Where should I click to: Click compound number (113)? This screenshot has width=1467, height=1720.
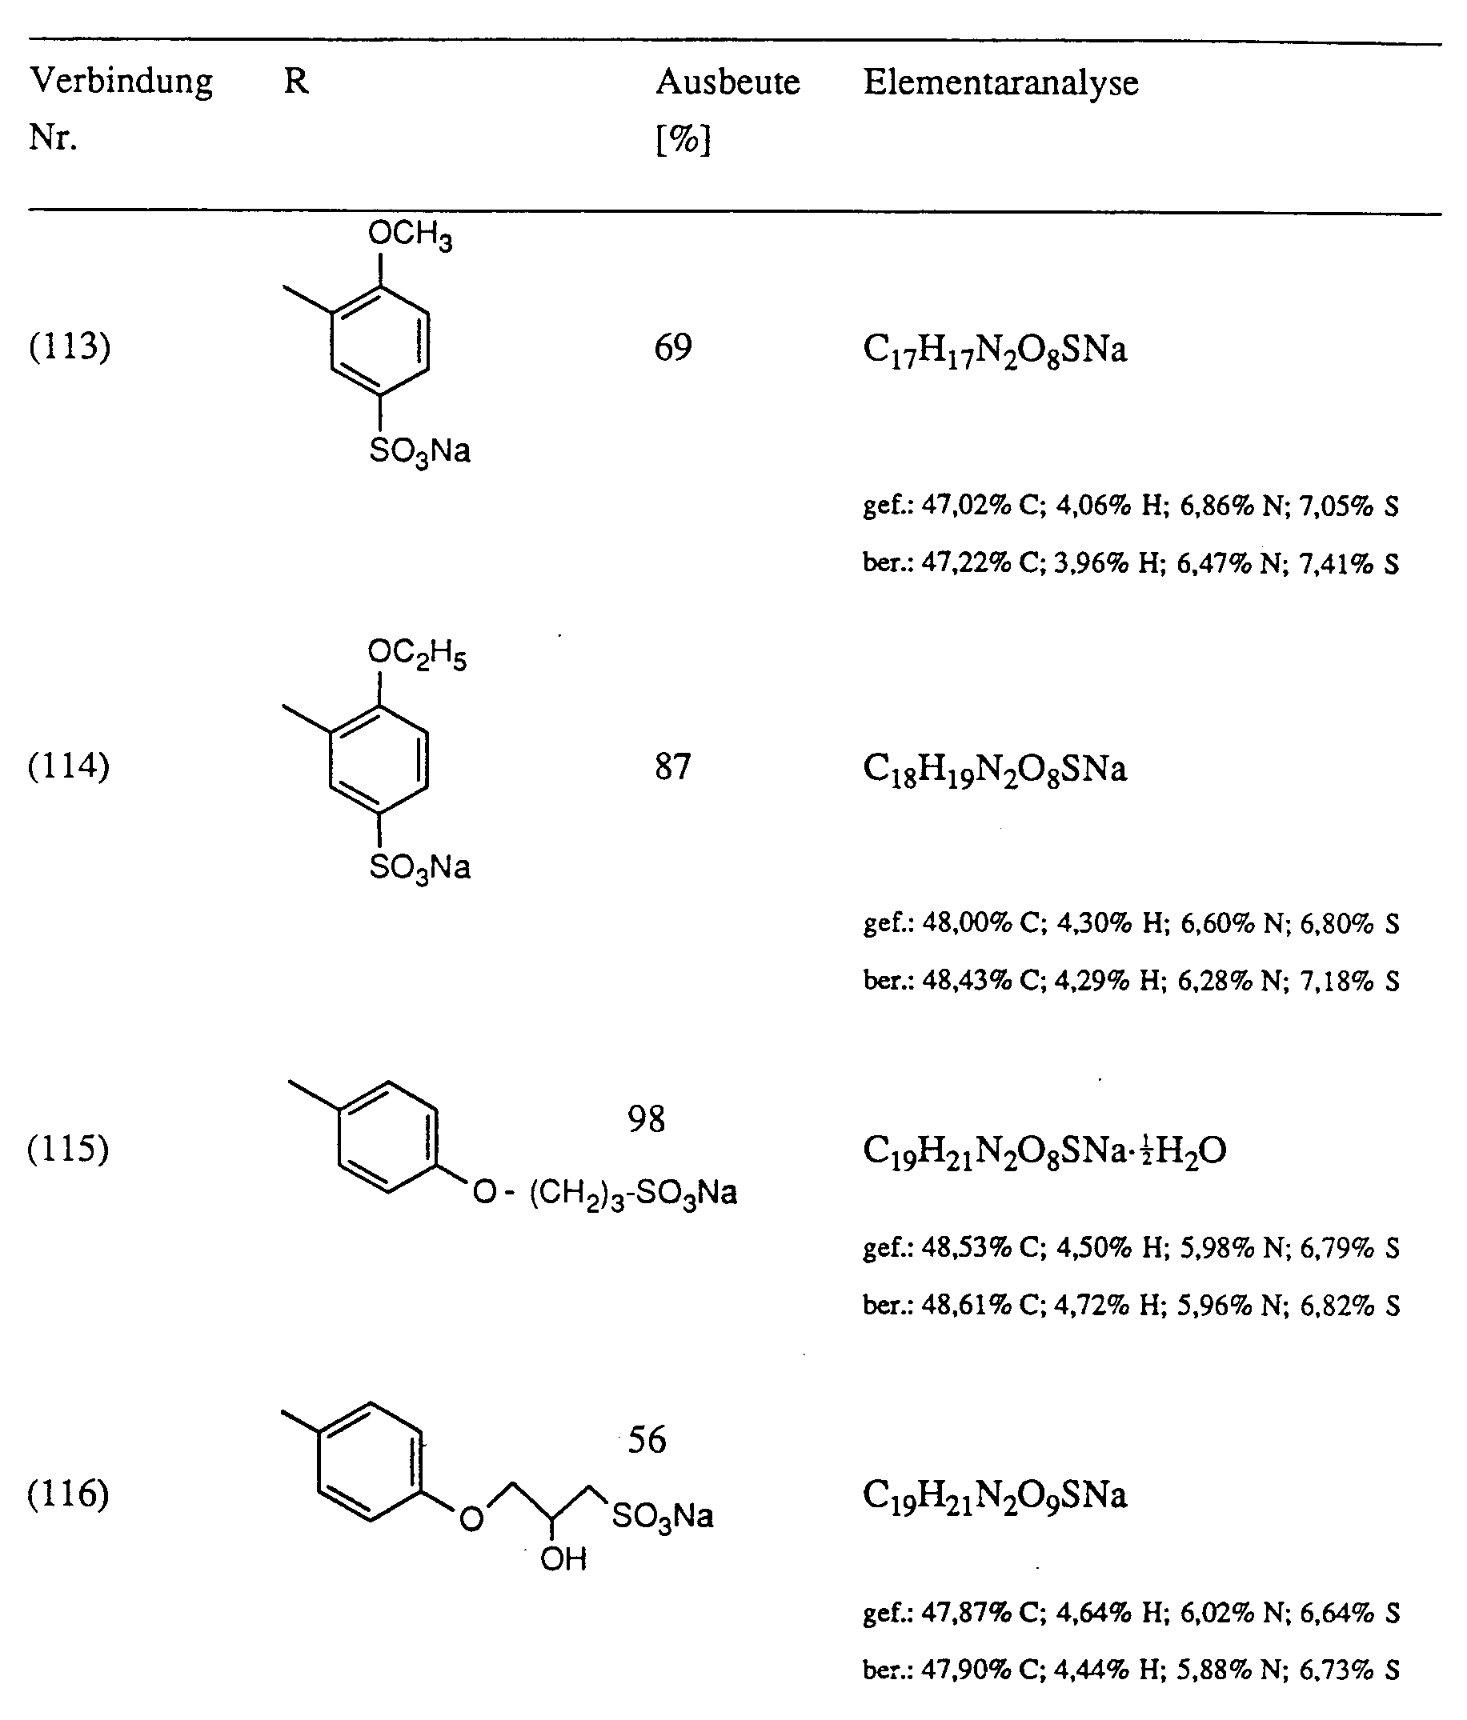tap(69, 346)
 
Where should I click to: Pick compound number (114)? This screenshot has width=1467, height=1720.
tap(69, 765)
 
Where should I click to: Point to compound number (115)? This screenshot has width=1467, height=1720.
tap(69, 1149)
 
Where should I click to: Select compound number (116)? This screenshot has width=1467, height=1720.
tap(69, 1494)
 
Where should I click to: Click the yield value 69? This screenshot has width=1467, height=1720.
tap(672, 347)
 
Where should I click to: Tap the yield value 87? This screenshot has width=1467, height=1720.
tap(672, 766)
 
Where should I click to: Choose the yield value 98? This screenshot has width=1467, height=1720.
tap(646, 1119)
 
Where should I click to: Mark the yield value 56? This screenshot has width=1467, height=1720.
tap(646, 1439)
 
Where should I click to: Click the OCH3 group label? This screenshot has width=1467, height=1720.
tap(410, 236)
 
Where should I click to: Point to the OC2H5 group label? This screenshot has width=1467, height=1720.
tap(417, 654)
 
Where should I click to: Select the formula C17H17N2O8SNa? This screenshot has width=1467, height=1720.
tap(995, 350)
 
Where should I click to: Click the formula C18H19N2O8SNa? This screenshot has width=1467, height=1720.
tap(995, 770)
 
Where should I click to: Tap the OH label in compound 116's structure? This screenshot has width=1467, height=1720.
tap(563, 1560)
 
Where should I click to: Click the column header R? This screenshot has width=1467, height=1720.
tap(296, 82)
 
